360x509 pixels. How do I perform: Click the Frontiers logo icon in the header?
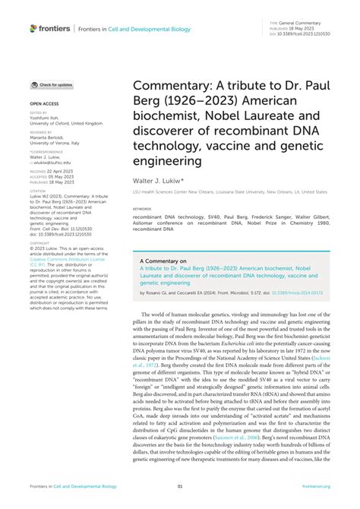coord(34,28)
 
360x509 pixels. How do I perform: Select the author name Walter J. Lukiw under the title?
coord(156,182)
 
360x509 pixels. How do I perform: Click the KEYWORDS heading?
coord(142,207)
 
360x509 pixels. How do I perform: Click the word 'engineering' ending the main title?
coord(168,161)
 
